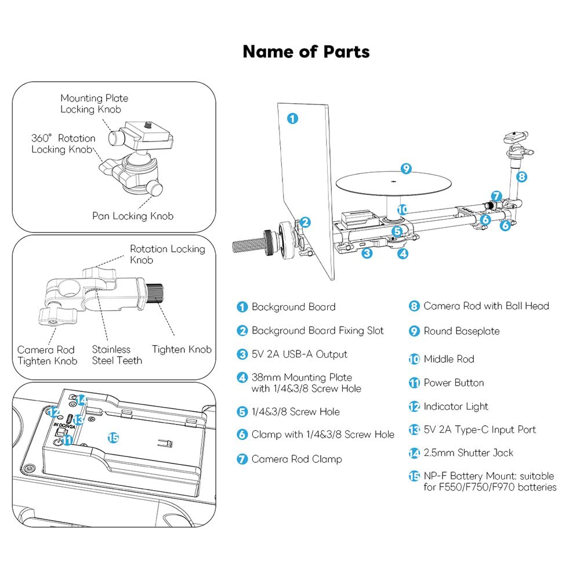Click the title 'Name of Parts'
pyautogui.click(x=306, y=52)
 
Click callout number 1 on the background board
pyautogui.click(x=292, y=118)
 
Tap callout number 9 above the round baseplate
pyautogui.click(x=406, y=169)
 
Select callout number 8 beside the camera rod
pyautogui.click(x=521, y=177)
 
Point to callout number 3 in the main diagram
pyautogui.click(x=367, y=253)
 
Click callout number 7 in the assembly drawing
pyautogui.click(x=496, y=196)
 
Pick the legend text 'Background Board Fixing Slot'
pyautogui.click(x=317, y=331)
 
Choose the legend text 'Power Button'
pyautogui.click(x=454, y=382)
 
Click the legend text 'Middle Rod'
pyautogui.click(x=449, y=359)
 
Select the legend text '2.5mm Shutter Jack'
pyautogui.click(x=468, y=453)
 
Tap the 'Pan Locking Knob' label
pyautogui.click(x=133, y=216)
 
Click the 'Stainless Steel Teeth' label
pyautogui.click(x=117, y=355)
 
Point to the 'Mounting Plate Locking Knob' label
pyautogui.click(x=95, y=104)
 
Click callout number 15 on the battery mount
pyautogui.click(x=113, y=438)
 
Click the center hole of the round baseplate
pyautogui.click(x=394, y=182)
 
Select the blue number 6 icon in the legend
pyautogui.click(x=242, y=434)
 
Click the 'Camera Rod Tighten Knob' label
pyautogui.click(x=47, y=355)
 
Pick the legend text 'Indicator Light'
pyautogui.click(x=456, y=407)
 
